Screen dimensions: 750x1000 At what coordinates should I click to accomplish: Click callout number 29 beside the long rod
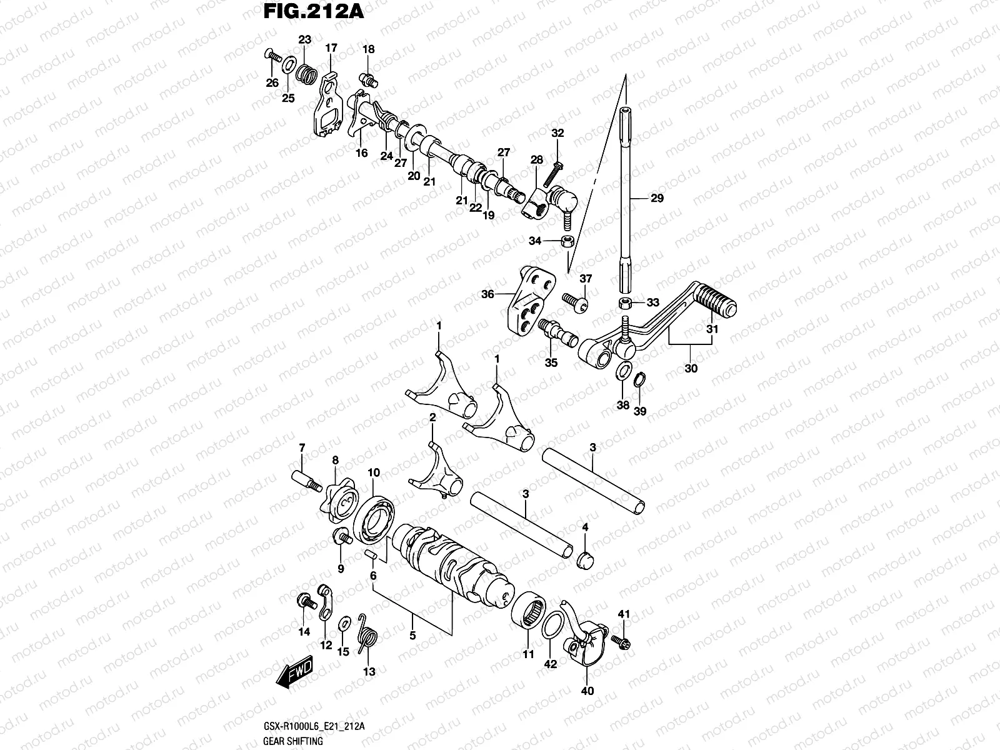(x=656, y=198)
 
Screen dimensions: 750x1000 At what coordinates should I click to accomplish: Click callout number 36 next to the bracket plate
(x=487, y=294)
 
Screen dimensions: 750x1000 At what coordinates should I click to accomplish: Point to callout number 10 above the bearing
(x=373, y=472)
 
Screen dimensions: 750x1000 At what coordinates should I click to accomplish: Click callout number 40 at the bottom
(x=587, y=691)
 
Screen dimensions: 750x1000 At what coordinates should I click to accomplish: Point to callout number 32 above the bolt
(x=557, y=133)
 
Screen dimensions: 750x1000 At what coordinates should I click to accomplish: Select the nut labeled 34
(x=567, y=242)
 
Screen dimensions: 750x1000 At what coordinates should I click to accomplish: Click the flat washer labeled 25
(x=289, y=66)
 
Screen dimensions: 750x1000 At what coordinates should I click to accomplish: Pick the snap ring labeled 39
(x=641, y=380)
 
